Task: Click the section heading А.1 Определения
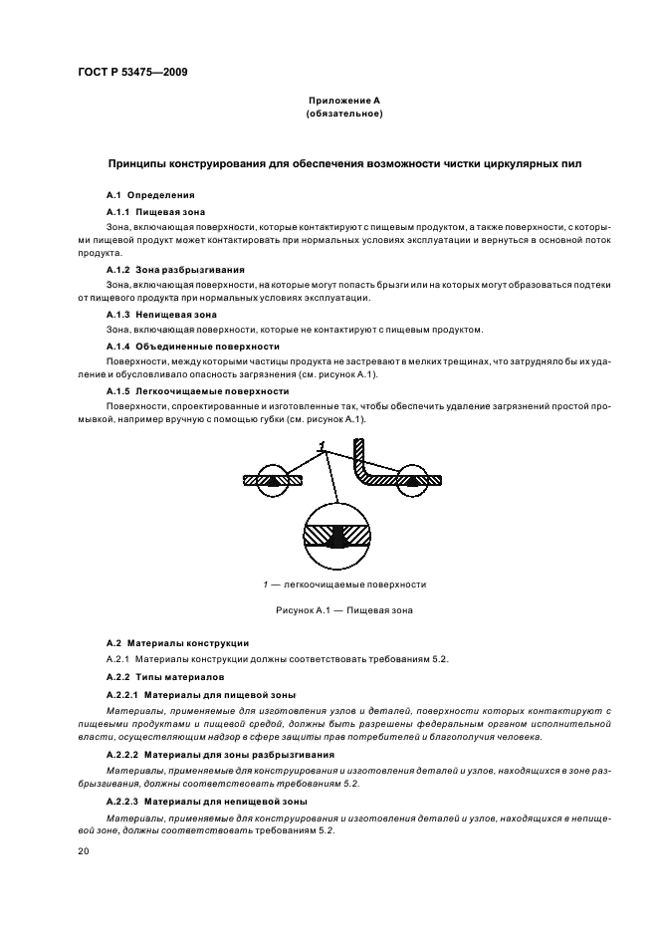point(150,195)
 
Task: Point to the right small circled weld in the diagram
point(411,480)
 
